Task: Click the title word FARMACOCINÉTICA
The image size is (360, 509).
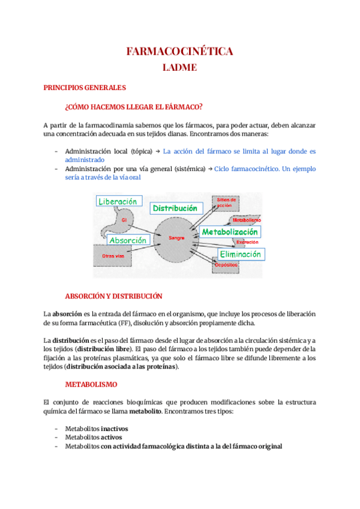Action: point(179,52)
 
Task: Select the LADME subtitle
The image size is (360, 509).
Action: point(179,67)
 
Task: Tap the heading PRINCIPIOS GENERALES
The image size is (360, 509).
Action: point(85,88)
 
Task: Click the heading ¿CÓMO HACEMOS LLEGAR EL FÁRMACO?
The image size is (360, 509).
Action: point(133,107)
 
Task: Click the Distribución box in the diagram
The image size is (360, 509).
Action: point(175,208)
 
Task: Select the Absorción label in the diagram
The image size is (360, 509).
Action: point(127,239)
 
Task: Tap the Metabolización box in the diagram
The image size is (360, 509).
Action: point(229,232)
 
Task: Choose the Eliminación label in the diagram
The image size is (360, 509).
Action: point(240,254)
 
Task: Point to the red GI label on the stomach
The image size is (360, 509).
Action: point(124,220)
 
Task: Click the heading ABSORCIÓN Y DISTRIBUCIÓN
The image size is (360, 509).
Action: point(113,296)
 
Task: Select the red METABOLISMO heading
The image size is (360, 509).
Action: point(91,383)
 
